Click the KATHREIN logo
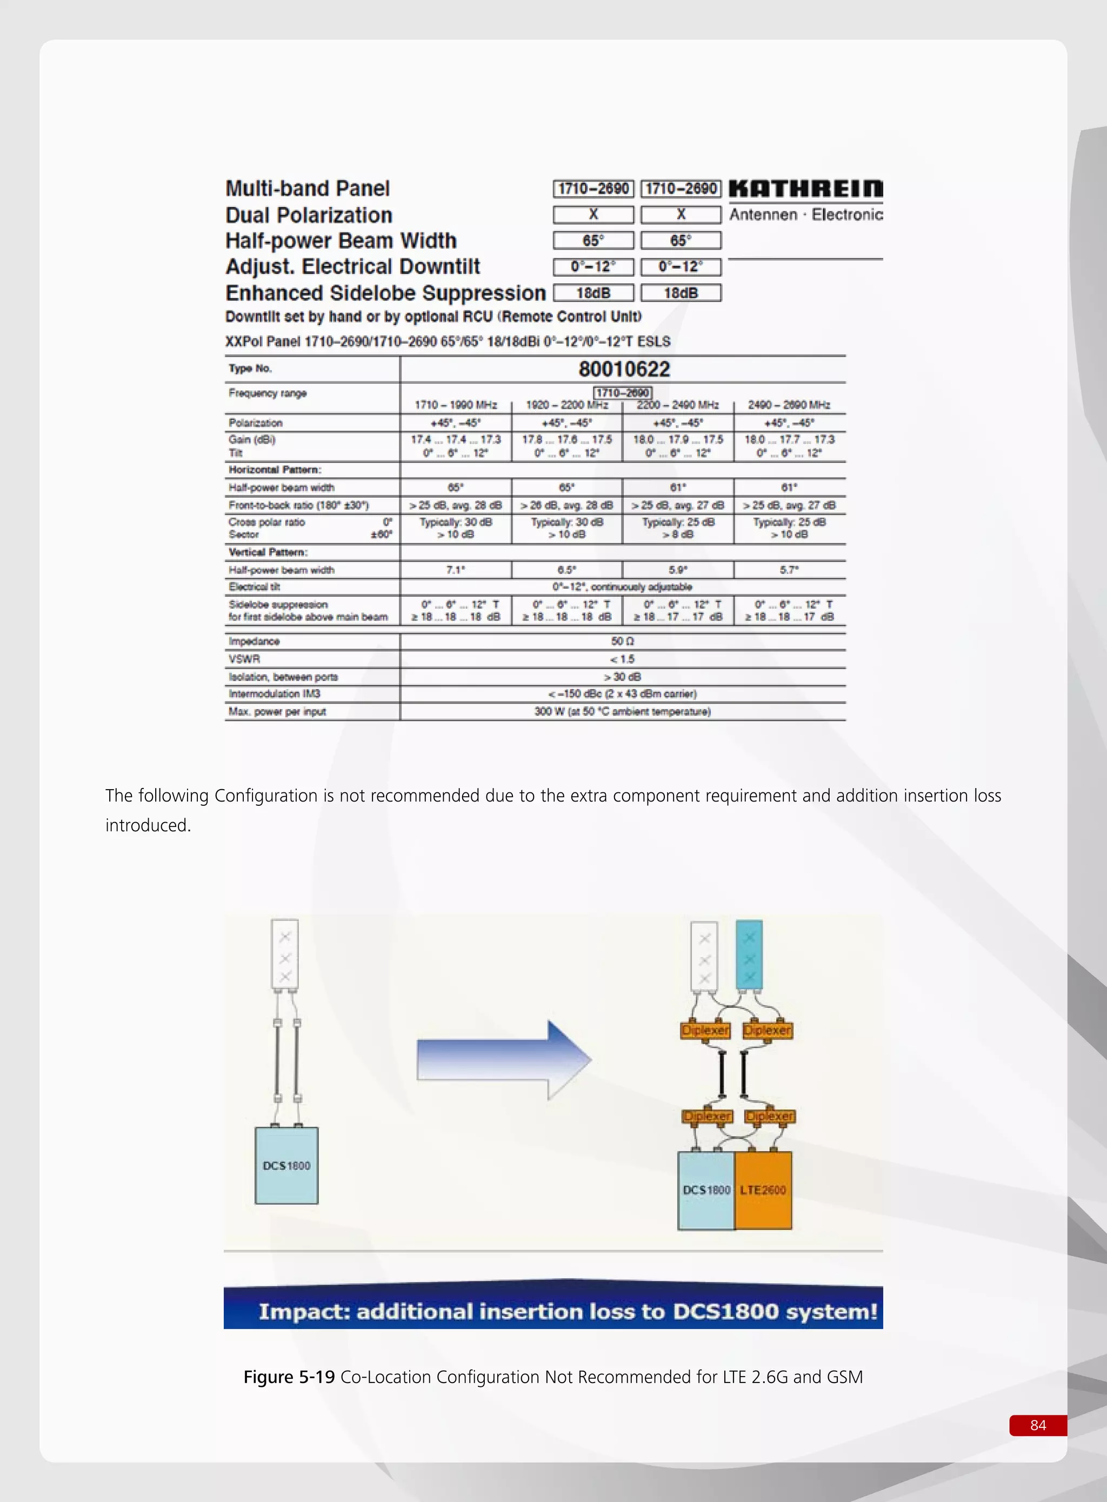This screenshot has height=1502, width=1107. click(x=805, y=189)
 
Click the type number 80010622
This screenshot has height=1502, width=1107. click(x=624, y=369)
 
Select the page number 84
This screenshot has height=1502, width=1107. click(x=1037, y=1425)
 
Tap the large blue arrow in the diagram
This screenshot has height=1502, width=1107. click(x=503, y=1060)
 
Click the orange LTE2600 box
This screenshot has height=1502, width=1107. click(x=763, y=1190)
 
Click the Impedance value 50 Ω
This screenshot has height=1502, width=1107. click(x=623, y=641)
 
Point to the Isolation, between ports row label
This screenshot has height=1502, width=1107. click(x=283, y=677)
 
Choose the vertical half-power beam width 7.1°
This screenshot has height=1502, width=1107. click(x=456, y=570)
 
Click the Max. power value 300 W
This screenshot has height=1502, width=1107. click(x=623, y=711)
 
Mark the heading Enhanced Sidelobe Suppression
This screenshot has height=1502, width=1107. click(x=385, y=293)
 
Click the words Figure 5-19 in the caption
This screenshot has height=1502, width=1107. click(x=289, y=1377)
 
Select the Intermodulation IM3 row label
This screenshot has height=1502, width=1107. click(x=275, y=694)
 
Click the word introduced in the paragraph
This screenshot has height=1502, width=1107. click(x=148, y=825)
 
